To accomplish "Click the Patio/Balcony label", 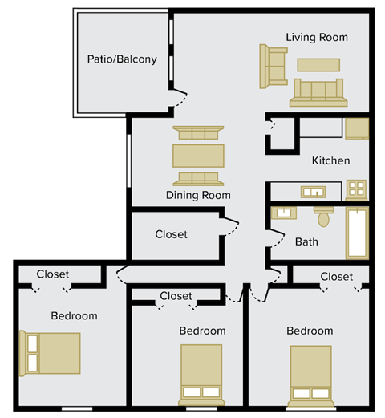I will [122, 59].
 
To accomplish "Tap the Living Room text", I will [317, 37].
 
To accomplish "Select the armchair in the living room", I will [273, 66].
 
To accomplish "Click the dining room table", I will [198, 155].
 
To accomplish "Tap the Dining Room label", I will [198, 195].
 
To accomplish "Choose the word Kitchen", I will [330, 160].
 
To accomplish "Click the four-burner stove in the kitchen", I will [356, 190].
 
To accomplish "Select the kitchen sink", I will [312, 191].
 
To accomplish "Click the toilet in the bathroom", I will [324, 216].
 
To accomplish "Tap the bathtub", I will [356, 233].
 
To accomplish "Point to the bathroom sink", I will [283, 213].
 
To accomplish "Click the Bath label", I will [306, 241].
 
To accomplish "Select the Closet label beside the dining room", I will [171, 234].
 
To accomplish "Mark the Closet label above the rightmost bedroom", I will [336, 277].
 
